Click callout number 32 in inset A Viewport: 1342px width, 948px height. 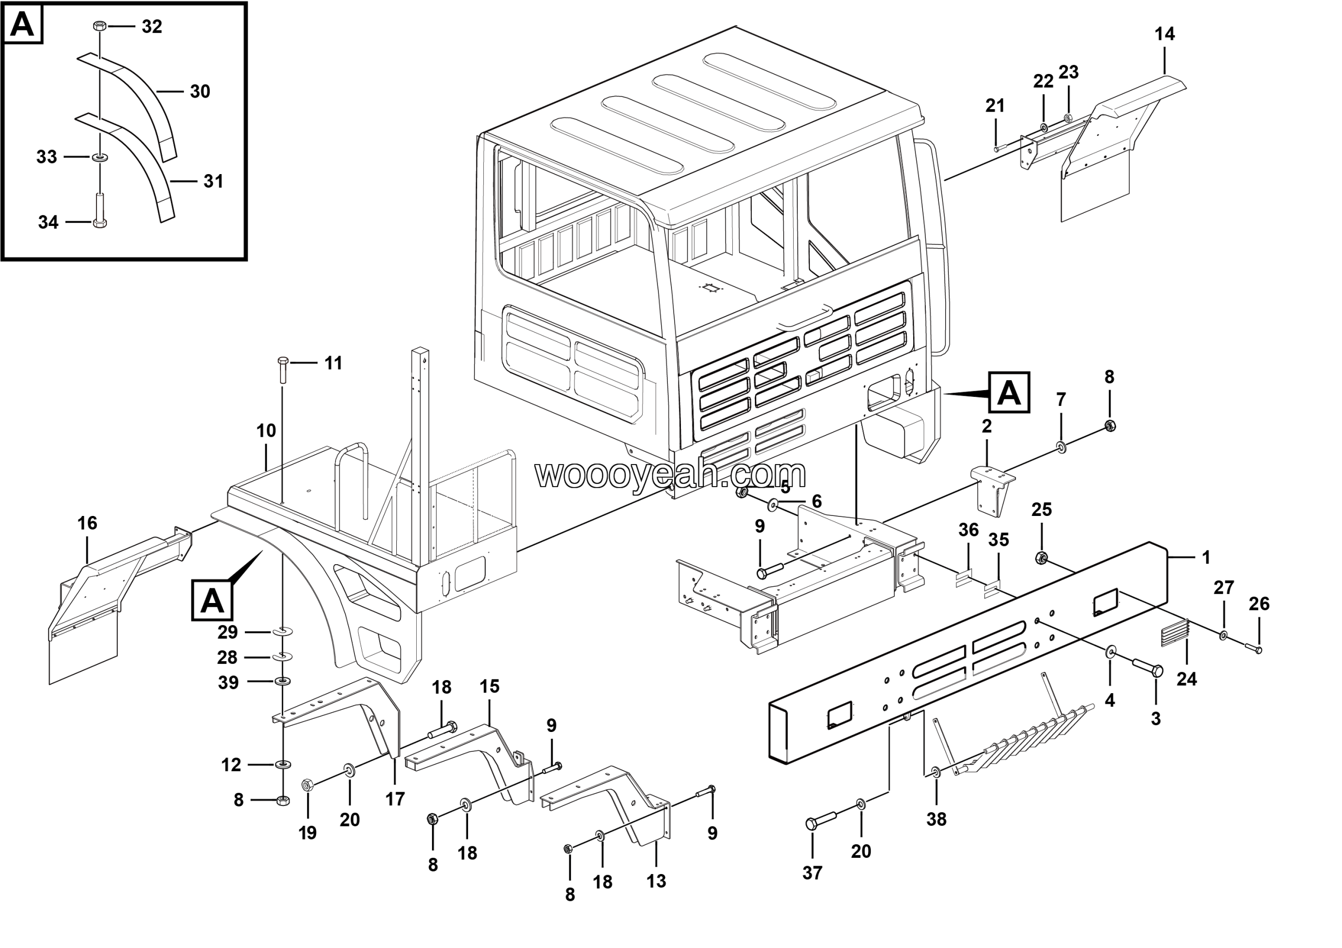point(151,27)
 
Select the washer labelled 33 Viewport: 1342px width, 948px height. point(100,157)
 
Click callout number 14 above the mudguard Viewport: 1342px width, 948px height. point(1164,35)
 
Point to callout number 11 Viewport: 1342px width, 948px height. point(333,363)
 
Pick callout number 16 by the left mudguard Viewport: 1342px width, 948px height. point(87,523)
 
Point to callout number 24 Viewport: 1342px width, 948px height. point(1186,679)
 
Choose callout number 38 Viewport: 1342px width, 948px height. point(936,820)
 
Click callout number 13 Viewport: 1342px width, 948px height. point(656,881)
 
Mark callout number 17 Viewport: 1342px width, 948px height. point(395,799)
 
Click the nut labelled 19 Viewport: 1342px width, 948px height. point(307,785)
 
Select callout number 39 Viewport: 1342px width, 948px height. point(228,683)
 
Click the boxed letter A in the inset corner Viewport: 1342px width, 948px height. point(23,25)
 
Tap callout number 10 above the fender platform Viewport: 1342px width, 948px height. point(266,431)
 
